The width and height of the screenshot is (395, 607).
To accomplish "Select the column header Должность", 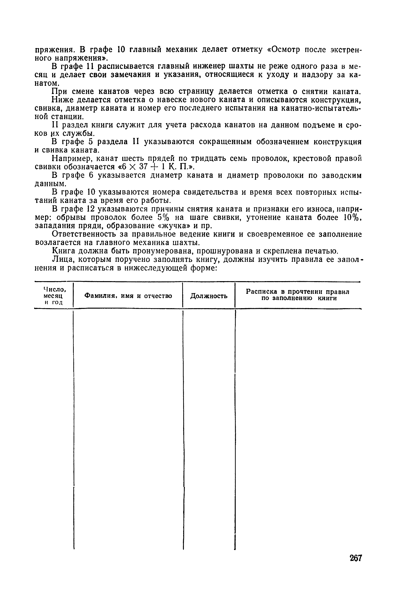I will pos(209,296).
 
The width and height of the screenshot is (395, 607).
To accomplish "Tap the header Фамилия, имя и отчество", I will pos(128,296).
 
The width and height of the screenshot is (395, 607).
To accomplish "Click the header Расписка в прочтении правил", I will pos(297,291).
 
